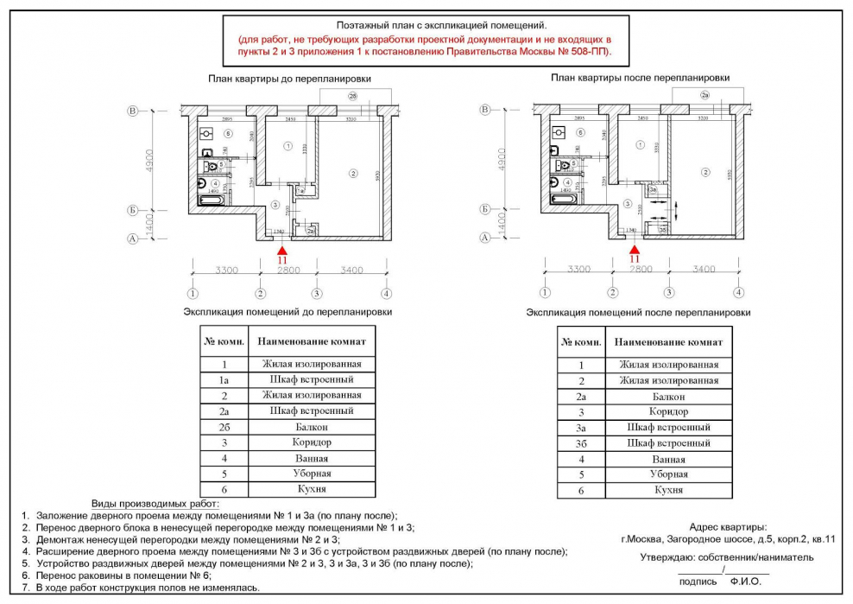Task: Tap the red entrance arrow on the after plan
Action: coord(635,247)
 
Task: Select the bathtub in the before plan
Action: coord(212,200)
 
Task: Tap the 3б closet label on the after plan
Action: coord(662,231)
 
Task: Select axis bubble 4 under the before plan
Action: coord(386,292)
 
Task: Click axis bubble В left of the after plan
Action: coord(486,110)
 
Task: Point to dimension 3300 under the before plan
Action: coord(226,270)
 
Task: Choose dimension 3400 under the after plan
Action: coord(704,270)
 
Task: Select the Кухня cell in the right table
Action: coord(668,490)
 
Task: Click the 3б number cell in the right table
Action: coord(581,443)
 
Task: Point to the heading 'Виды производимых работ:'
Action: coord(155,503)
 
